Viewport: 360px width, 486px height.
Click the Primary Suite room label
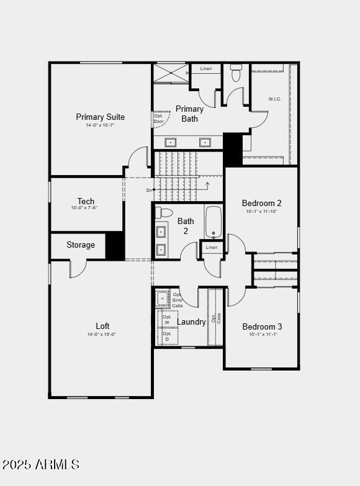(x=101, y=117)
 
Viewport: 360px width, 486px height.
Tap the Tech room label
(x=86, y=201)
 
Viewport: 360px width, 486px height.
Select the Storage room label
(x=81, y=245)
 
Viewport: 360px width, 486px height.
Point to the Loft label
(x=103, y=326)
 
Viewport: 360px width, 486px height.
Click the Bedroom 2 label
(x=262, y=203)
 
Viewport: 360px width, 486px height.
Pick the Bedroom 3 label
(x=262, y=326)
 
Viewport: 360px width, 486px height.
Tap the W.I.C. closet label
(x=275, y=99)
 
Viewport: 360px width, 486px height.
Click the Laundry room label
(x=191, y=322)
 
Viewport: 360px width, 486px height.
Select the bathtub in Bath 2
(x=214, y=222)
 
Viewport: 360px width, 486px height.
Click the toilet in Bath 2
(x=164, y=212)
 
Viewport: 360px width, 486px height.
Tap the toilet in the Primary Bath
(x=236, y=73)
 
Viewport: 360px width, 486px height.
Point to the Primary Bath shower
(x=171, y=73)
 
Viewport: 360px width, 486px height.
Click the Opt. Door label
(x=159, y=119)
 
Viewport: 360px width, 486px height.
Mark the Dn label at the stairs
(x=150, y=190)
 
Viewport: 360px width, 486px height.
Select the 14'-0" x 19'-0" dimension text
(x=101, y=335)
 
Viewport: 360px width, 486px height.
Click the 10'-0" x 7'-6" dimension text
(x=84, y=208)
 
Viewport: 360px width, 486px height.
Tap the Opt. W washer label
(x=167, y=320)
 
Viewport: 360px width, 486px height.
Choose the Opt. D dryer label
(x=167, y=336)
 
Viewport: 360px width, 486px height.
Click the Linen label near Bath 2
(x=212, y=248)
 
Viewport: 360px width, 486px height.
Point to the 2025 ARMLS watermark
(x=41, y=464)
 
